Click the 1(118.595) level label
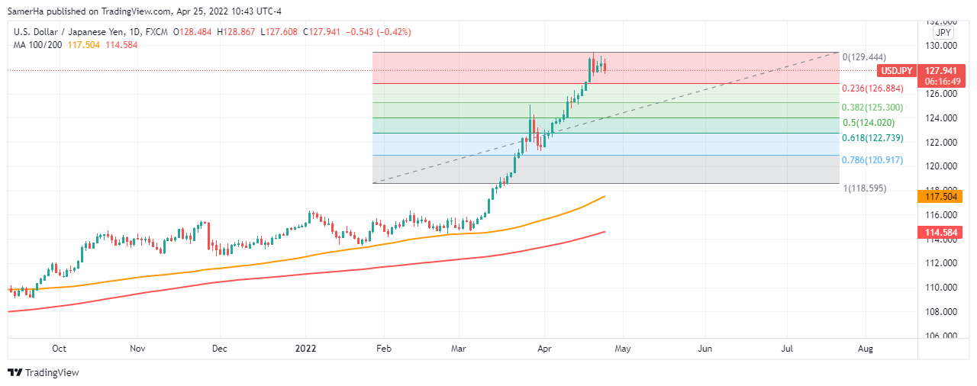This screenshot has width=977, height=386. click(x=865, y=188)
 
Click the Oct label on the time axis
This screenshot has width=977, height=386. click(x=59, y=349)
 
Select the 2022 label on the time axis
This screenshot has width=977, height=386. click(x=306, y=349)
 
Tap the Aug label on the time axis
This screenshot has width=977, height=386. click(x=865, y=349)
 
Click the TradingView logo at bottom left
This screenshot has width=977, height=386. click(x=44, y=373)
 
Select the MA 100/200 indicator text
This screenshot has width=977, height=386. click(x=37, y=45)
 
